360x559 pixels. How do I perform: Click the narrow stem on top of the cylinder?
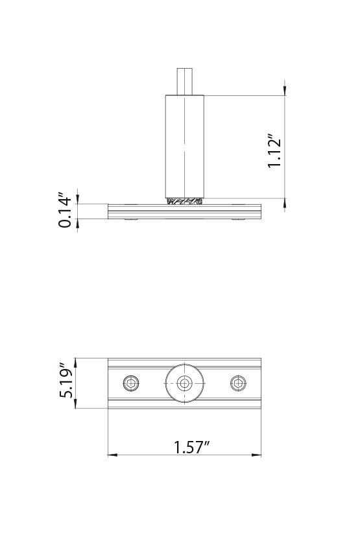(185, 81)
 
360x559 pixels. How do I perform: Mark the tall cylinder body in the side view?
(185, 146)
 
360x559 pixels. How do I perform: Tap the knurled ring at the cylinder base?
(185, 201)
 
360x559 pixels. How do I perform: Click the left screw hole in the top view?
(132, 383)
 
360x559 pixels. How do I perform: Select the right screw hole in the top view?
(239, 383)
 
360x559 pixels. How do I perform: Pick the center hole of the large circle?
(185, 383)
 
